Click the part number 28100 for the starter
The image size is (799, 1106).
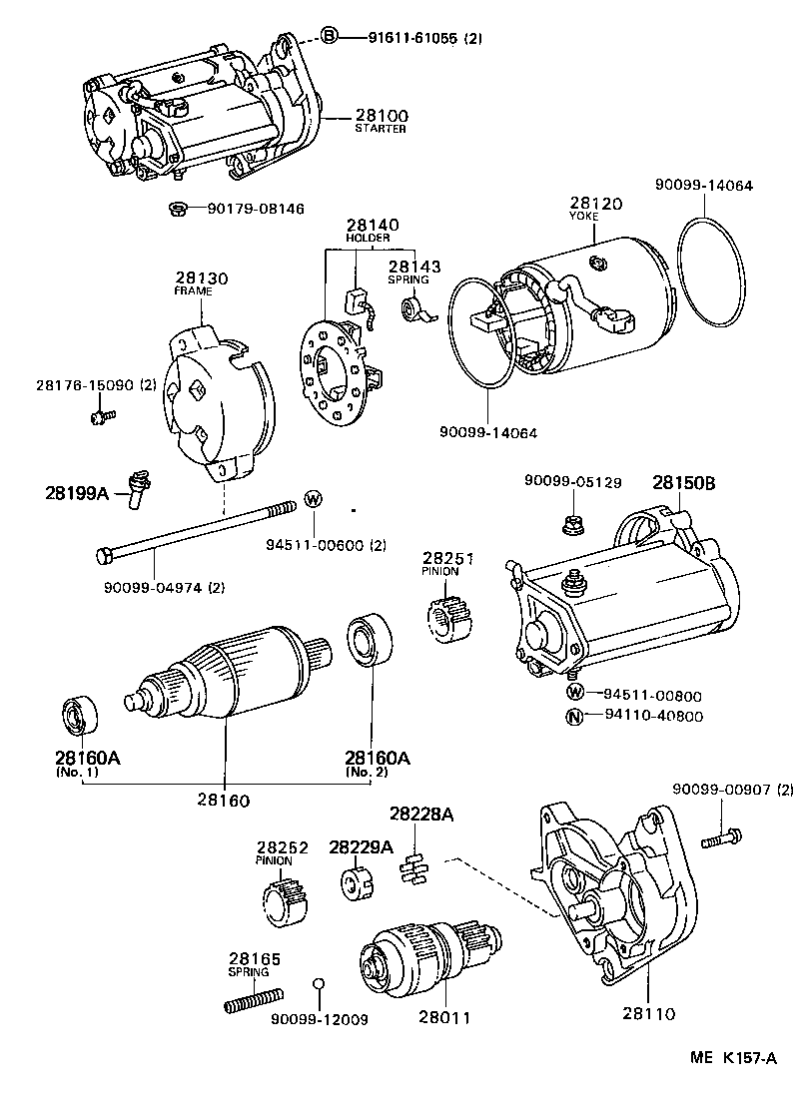[x=381, y=116]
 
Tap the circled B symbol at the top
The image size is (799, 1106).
[x=329, y=38]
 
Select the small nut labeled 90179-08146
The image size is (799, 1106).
[x=176, y=209]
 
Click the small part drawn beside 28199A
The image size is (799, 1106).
[x=135, y=489]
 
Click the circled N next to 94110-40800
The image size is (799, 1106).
[x=575, y=716]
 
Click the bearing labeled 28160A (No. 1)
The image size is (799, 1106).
[x=79, y=717]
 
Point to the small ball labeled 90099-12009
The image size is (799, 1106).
[x=319, y=984]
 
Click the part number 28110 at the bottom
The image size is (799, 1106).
[x=648, y=1013]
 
